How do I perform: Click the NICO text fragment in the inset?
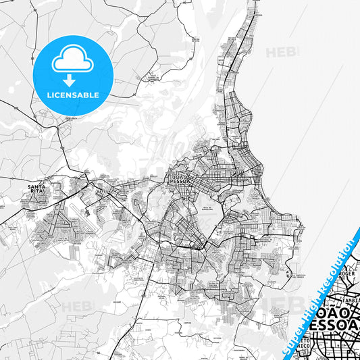pyautogui.click(x=305, y=351)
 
